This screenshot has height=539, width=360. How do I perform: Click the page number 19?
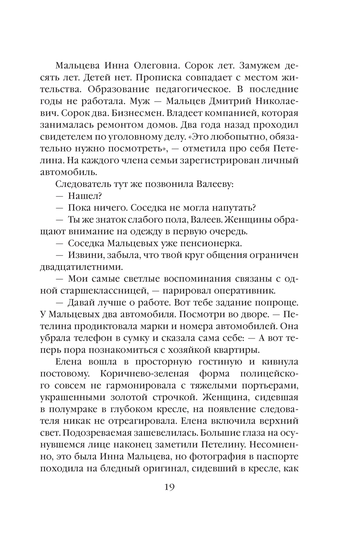click(169, 487)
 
